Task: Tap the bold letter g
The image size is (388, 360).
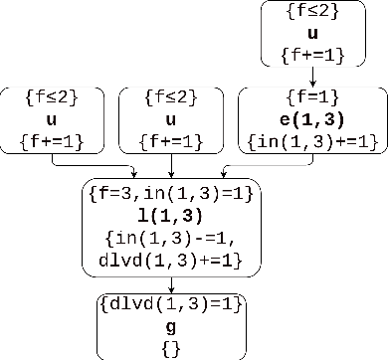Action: point(171,326)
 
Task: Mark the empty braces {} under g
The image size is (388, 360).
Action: point(171,347)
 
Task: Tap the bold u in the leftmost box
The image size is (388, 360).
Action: point(57,121)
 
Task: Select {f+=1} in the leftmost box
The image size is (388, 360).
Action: point(57,143)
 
